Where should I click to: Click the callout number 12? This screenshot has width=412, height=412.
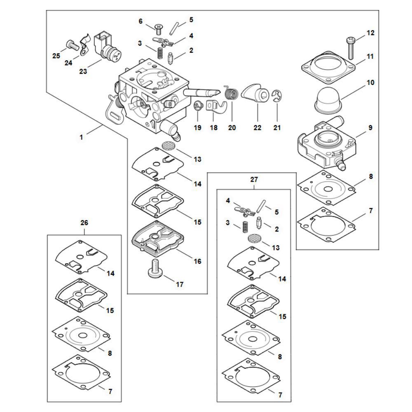coord(370,33)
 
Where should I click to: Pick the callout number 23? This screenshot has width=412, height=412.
coord(83,71)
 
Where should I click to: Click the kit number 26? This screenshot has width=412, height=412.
coord(84,222)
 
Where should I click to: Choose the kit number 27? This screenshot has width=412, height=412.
coord(254,180)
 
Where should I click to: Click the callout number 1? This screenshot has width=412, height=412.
coord(81,137)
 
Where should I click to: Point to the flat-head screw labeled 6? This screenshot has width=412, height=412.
coord(158,28)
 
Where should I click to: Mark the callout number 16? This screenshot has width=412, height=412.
coord(197,261)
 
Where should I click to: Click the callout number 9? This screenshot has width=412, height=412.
coord(370,128)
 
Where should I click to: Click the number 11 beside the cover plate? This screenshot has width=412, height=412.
coord(370,56)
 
